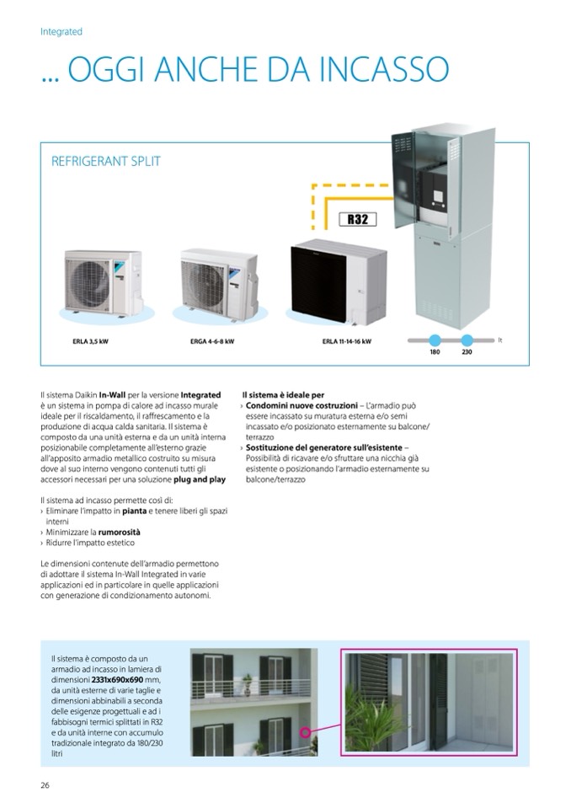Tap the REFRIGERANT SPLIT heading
pos(106,161)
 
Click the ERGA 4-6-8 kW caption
pos(211,343)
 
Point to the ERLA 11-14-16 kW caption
pos(346,343)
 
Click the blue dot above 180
pos(435,340)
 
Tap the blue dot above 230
pos(467,340)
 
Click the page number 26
pos(45,785)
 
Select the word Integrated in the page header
pos(61,31)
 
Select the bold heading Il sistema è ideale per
pos(283,394)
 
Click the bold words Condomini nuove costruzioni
pos(302,405)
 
